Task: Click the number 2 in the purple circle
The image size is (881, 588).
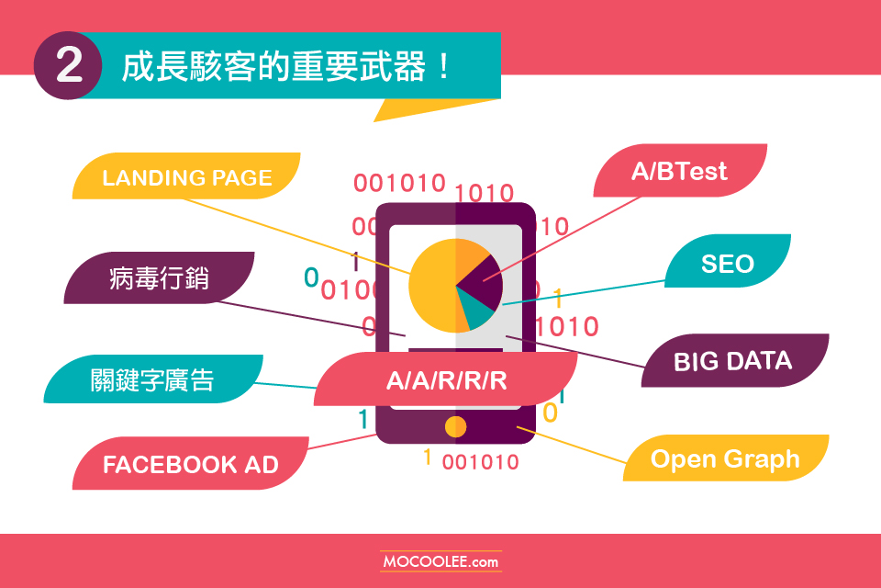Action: click(69, 65)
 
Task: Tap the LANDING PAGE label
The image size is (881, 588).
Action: click(186, 176)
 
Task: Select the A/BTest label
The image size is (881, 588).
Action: click(680, 171)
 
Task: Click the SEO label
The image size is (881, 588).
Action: click(728, 262)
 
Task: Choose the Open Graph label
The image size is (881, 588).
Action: click(725, 458)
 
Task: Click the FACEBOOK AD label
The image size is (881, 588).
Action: click(191, 463)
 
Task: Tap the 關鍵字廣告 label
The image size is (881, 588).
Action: click(153, 379)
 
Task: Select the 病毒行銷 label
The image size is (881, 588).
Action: click(159, 278)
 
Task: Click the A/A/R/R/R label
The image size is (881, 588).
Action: click(446, 379)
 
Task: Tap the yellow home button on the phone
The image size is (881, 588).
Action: click(456, 426)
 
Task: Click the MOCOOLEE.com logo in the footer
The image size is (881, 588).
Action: click(440, 561)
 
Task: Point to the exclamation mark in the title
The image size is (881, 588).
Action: click(444, 66)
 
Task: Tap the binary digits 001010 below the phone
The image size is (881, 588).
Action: click(480, 462)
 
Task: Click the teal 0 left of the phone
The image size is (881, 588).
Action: click(311, 277)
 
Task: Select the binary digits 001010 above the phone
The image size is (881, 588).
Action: click(399, 183)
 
